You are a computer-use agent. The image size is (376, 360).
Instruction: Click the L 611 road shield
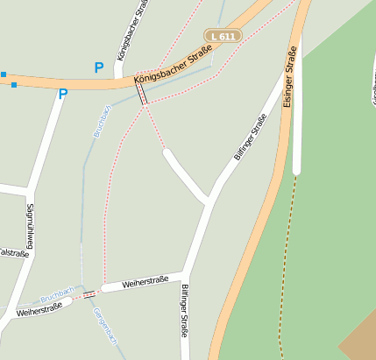coord(223,36)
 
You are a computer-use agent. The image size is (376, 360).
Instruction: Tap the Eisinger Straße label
coord(289,82)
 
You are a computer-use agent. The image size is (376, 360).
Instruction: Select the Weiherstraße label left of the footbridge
coord(39,307)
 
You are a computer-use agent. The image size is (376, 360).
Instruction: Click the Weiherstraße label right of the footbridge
coord(145,283)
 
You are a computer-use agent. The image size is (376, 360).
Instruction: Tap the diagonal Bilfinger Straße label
coord(250,137)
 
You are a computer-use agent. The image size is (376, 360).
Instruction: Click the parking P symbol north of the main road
coord(99,67)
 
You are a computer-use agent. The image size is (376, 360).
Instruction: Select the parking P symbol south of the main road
coord(62,95)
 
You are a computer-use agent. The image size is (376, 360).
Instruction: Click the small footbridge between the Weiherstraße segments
coord(89,294)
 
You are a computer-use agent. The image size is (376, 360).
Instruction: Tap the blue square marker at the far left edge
coord(3,74)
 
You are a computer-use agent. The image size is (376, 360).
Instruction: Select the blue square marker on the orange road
coord(14,85)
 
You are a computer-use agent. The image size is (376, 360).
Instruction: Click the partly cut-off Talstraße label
coord(12,252)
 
